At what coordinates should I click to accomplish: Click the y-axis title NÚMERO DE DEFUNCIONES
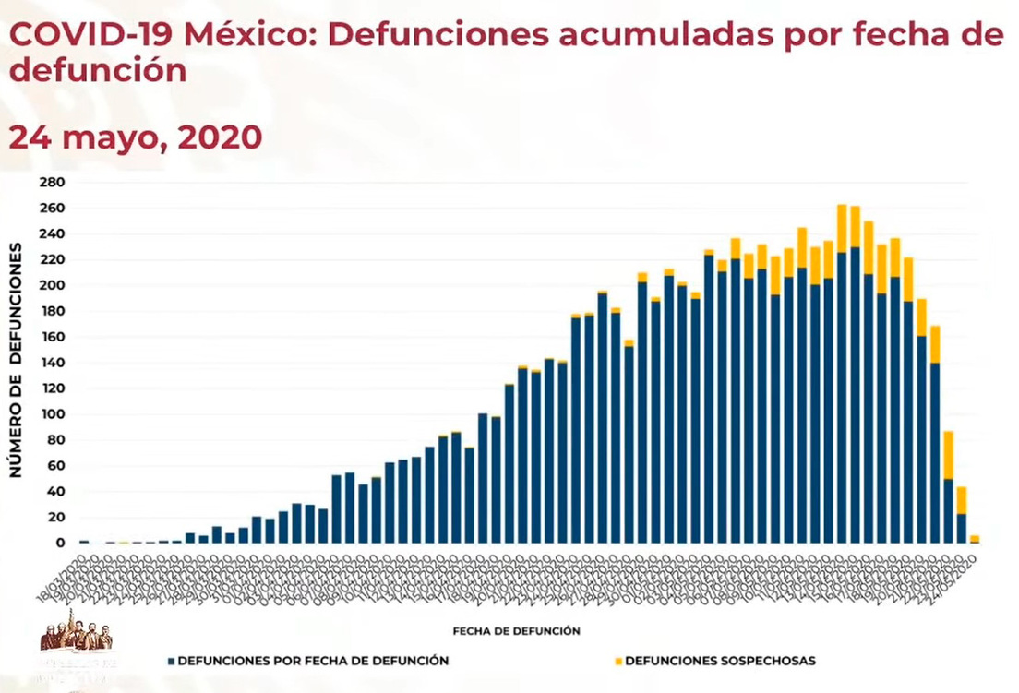coord(17,361)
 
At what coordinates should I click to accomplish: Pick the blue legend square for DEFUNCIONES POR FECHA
coord(172,662)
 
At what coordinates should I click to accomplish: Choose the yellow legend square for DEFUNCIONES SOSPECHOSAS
coord(617,662)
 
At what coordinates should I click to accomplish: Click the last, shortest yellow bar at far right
coord(975,538)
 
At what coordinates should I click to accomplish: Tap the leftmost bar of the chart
coord(85,542)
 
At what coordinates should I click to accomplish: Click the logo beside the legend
coord(78,651)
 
